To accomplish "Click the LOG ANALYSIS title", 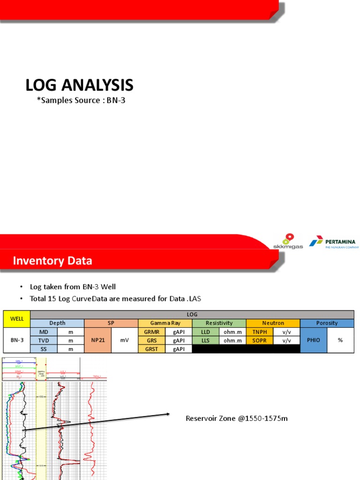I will tap(79, 85).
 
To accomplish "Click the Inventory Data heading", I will tap(52, 261).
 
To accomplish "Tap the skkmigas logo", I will tap(288, 241).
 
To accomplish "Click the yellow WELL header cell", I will tap(17, 319).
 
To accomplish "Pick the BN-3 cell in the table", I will tap(17, 340).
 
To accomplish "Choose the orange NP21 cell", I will tap(98, 340).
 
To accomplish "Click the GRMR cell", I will tap(151, 331).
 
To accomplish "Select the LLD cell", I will tap(205, 331).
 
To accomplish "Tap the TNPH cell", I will tap(259, 331).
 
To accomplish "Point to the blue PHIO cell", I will tap(313, 340).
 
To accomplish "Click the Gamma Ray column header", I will tap(165, 323).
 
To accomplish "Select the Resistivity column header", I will tap(219, 323).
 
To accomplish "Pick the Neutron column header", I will tap(273, 323).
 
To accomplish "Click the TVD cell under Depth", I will tap(44, 340).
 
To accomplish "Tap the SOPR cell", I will tap(259, 340).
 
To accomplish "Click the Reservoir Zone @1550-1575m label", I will tap(236, 418).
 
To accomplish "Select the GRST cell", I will tap(151, 349).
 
